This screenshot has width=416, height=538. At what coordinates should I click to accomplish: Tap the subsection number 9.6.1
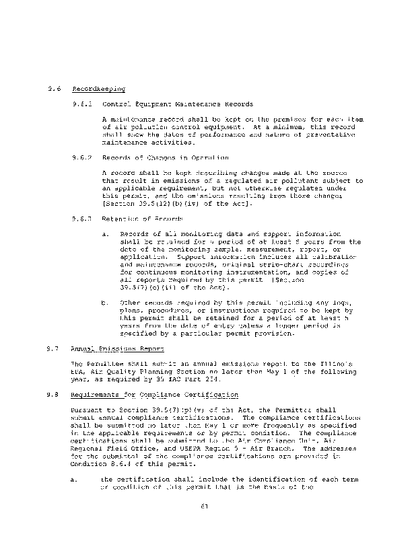coord(81,104)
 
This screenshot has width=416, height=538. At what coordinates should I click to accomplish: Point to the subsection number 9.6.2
coord(81,158)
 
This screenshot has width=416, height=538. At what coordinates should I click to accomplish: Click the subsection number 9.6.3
coord(81,219)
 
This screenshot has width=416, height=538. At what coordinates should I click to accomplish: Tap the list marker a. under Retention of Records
coord(106,234)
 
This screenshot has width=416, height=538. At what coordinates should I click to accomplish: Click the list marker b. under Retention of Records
coord(106,303)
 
